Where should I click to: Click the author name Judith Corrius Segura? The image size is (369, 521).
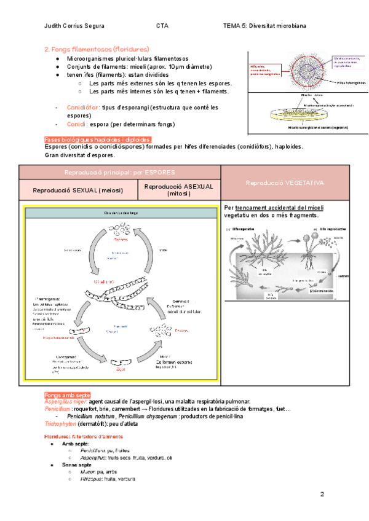[x=74, y=26]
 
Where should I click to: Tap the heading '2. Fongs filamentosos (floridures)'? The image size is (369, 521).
[x=97, y=49]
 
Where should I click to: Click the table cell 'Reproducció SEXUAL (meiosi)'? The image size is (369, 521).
[x=78, y=190]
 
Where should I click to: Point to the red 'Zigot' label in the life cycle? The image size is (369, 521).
[x=121, y=369]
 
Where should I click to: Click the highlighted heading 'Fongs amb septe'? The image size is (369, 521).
[x=68, y=394]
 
